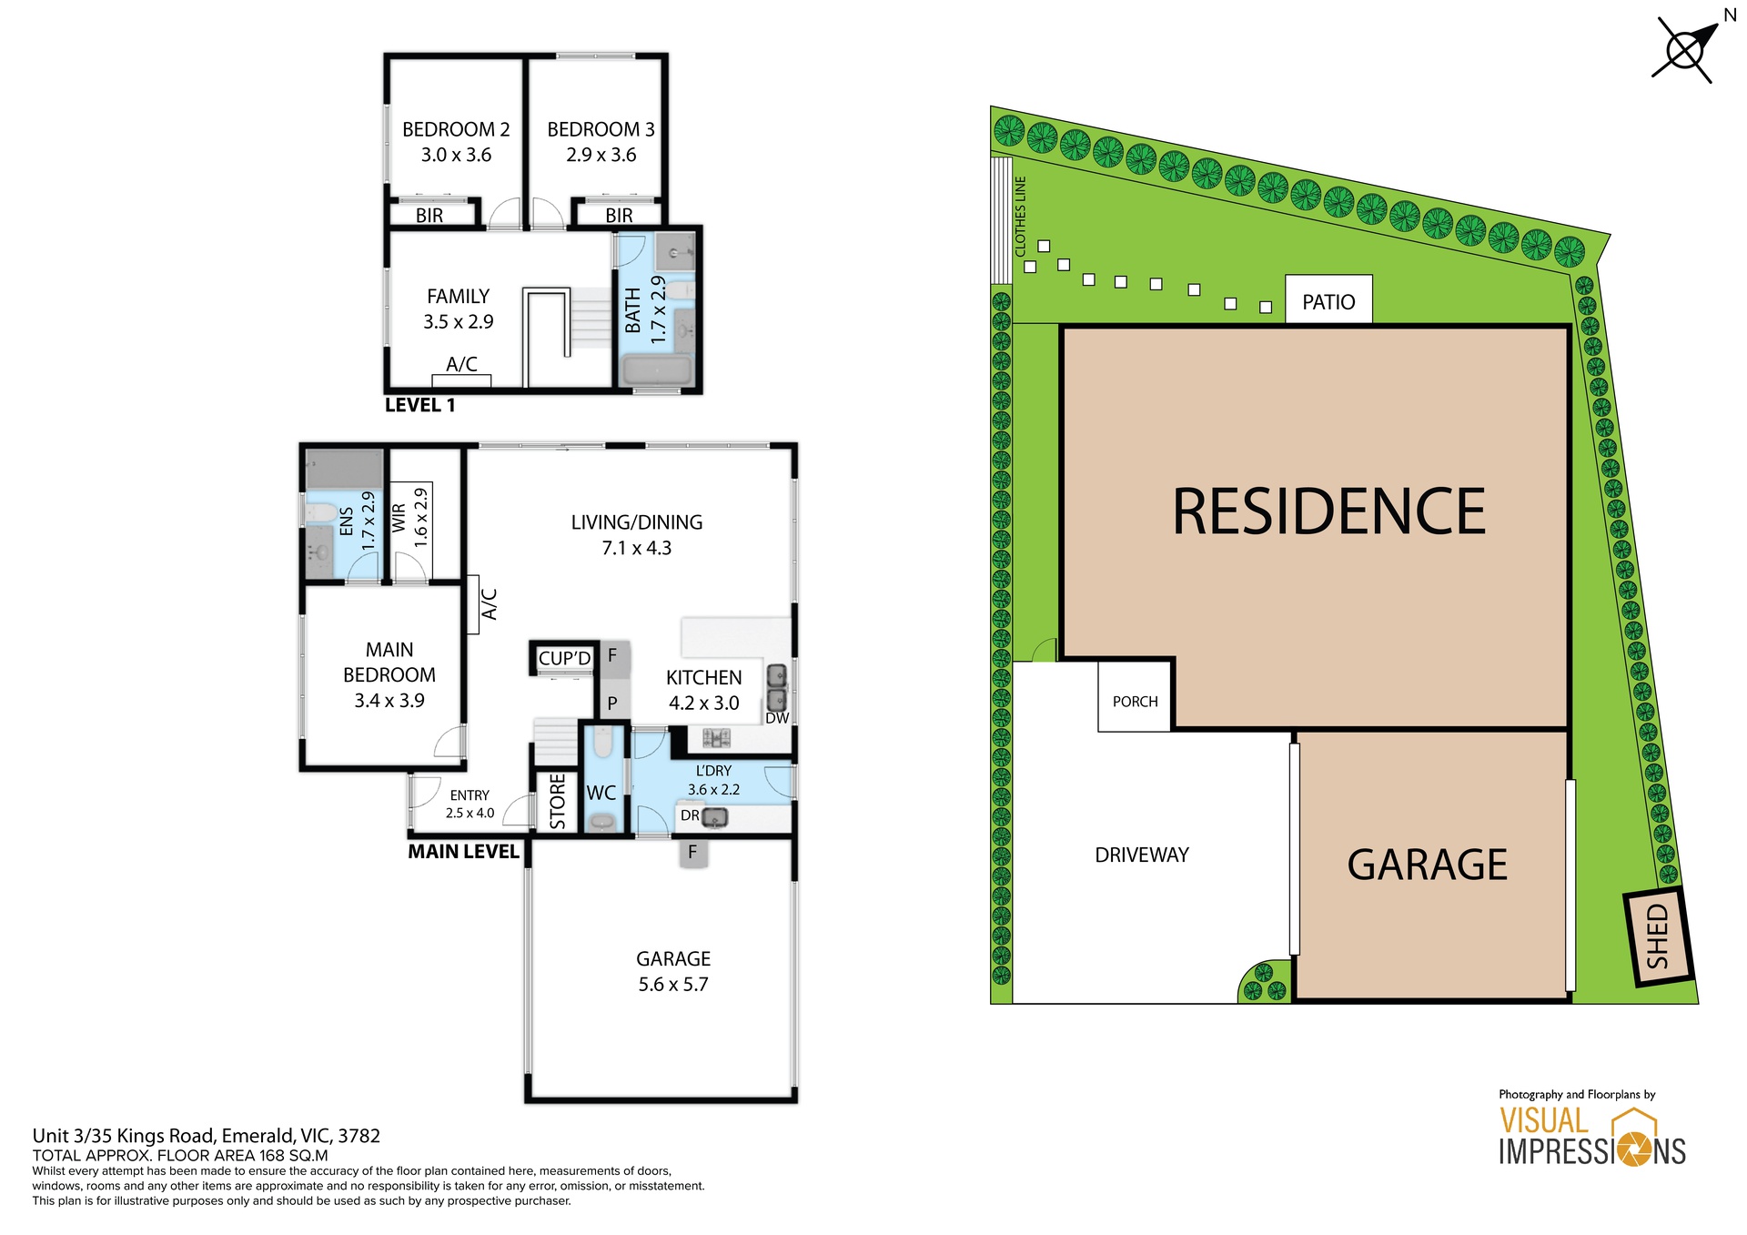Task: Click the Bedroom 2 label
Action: pyautogui.click(x=456, y=129)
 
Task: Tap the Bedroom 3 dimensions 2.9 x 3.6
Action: pyautogui.click(x=601, y=155)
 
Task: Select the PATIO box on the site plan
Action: pyautogui.click(x=1328, y=300)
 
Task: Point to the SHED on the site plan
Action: pyautogui.click(x=1658, y=936)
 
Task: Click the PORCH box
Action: pyautogui.click(x=1135, y=701)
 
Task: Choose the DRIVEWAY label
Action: pyautogui.click(x=1142, y=855)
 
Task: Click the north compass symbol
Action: pyautogui.click(x=1686, y=48)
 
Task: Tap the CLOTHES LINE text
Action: pyautogui.click(x=1020, y=217)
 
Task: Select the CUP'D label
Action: pyautogui.click(x=564, y=658)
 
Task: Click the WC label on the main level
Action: pyautogui.click(x=601, y=793)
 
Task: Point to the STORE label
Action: pyautogui.click(x=558, y=802)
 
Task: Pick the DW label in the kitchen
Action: pyautogui.click(x=777, y=718)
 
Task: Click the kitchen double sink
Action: pyautogui.click(x=777, y=687)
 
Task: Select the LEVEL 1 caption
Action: pyautogui.click(x=419, y=405)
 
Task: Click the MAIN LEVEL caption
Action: pyautogui.click(x=463, y=852)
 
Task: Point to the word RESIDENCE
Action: pyautogui.click(x=1328, y=511)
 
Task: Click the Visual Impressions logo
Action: pyautogui.click(x=1592, y=1138)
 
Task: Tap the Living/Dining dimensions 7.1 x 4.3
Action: pyautogui.click(x=636, y=548)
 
